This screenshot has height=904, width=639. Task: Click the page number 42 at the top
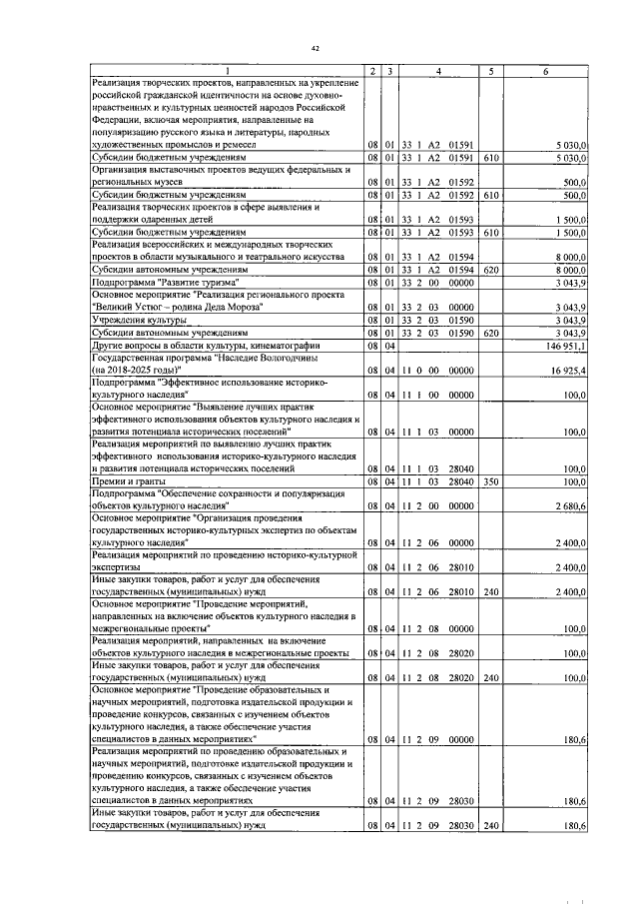pyautogui.click(x=316, y=48)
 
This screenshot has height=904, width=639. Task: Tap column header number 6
pyautogui.click(x=545, y=70)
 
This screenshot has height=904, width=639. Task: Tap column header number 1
pyautogui.click(x=226, y=70)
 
